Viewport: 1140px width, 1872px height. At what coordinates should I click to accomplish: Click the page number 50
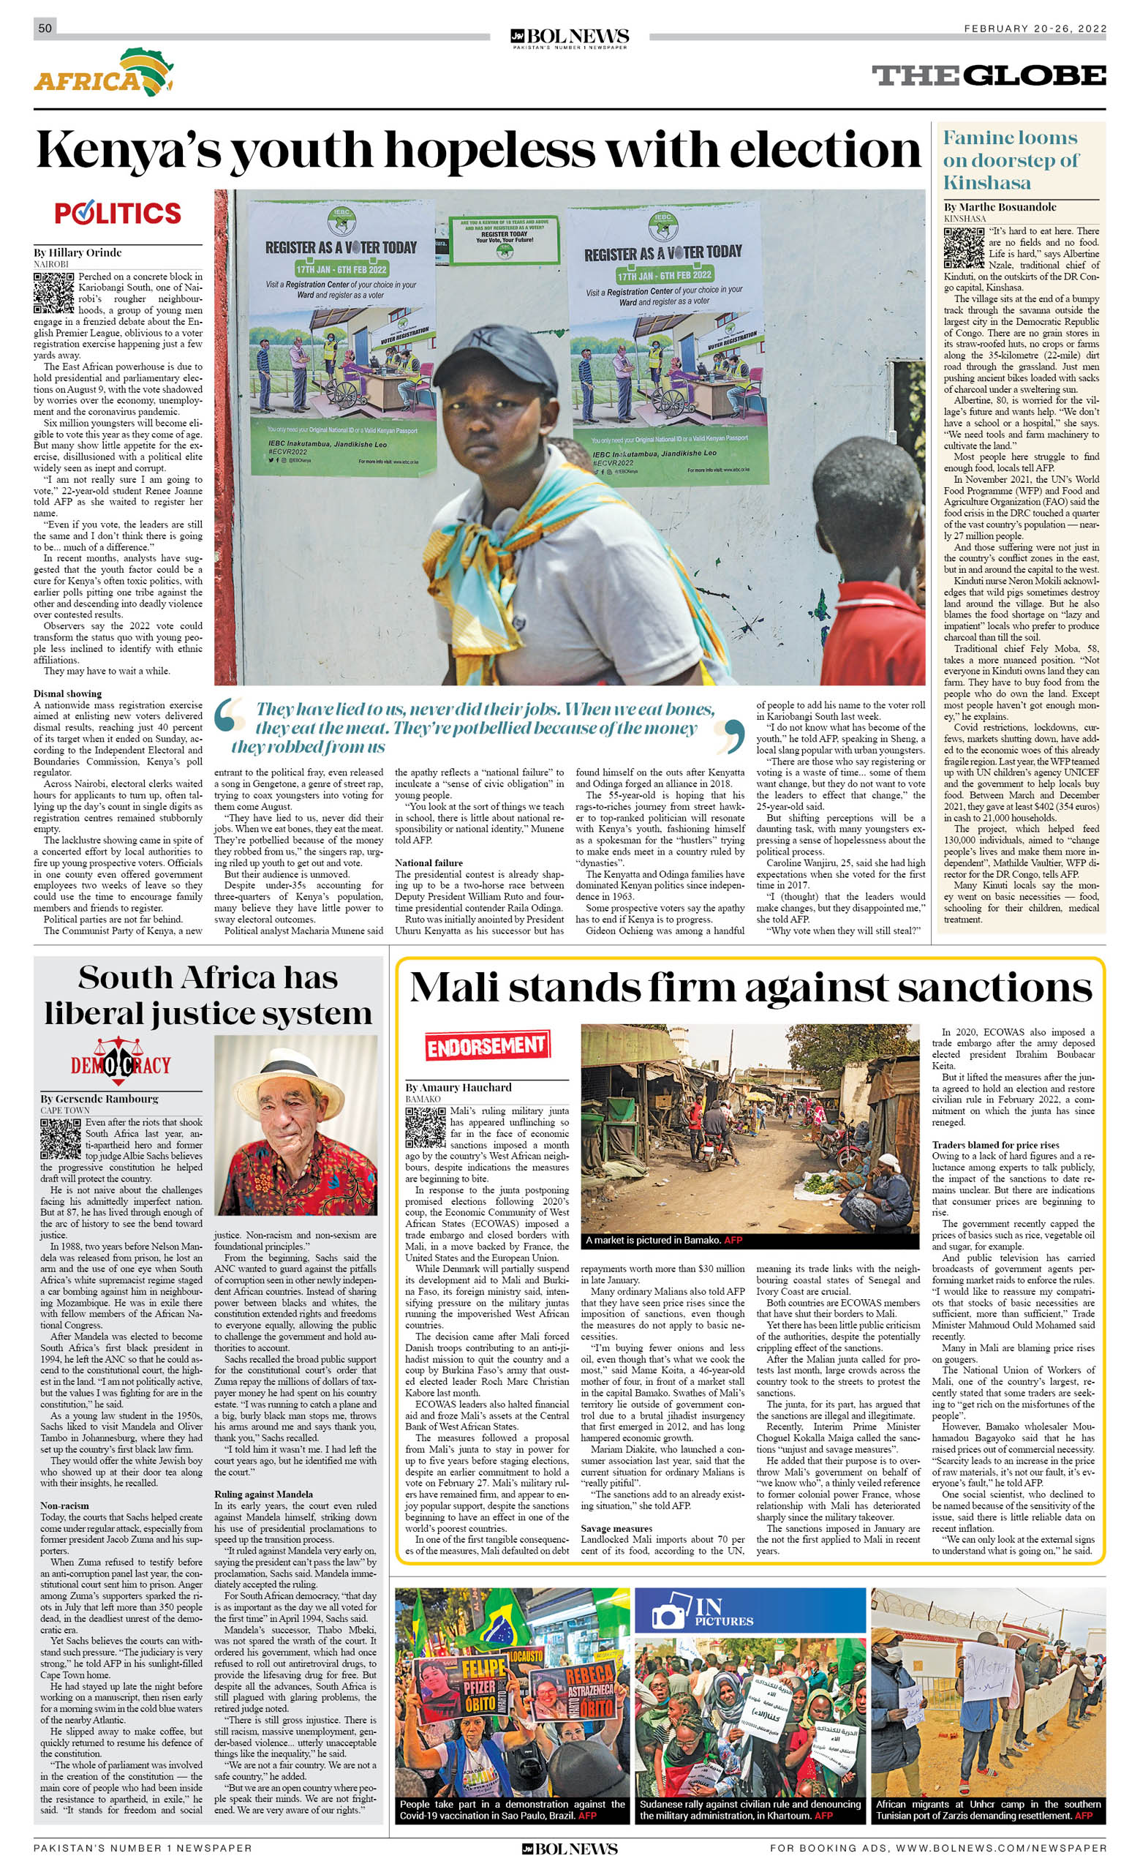(x=45, y=28)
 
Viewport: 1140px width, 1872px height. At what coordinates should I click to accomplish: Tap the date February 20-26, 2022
(x=1035, y=29)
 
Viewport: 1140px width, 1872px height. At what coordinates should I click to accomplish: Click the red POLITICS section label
(x=118, y=214)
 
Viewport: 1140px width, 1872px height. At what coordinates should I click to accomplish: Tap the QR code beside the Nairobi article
(x=53, y=293)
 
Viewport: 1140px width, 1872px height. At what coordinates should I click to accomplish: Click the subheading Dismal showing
(x=67, y=693)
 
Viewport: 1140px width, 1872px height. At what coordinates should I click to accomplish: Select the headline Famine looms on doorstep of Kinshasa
(x=1010, y=159)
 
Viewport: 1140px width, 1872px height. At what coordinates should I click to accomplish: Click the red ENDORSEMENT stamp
(x=486, y=1046)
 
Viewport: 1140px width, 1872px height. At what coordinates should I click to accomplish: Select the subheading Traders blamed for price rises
(x=995, y=1145)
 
